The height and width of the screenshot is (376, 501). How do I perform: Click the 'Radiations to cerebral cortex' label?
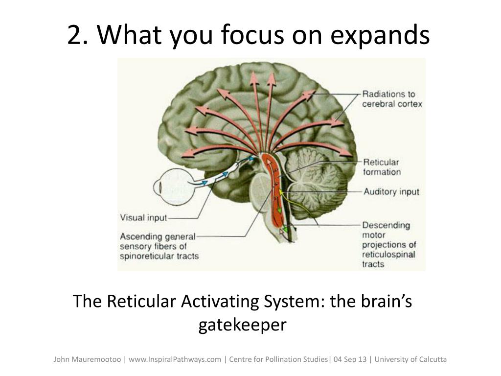(391, 99)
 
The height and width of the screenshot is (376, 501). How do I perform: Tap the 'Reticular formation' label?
(381, 167)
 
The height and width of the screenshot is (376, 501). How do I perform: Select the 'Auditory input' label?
(391, 191)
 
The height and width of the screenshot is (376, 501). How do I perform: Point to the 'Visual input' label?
(143, 218)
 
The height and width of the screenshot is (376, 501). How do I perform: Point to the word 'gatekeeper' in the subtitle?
(242, 325)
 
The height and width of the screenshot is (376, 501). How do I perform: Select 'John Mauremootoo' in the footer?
(87, 359)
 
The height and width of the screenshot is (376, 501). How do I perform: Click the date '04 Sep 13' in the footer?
(350, 359)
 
